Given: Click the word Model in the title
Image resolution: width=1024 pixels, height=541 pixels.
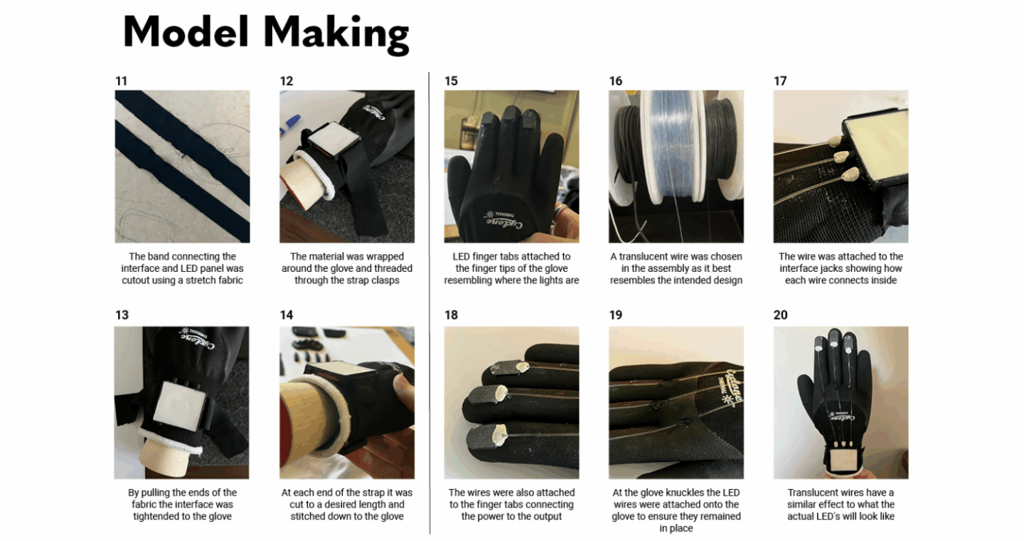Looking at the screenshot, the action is (x=186, y=31).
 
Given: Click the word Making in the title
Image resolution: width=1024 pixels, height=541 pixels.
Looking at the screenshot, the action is (x=336, y=35).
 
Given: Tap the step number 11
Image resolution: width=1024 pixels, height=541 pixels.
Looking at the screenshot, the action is (x=121, y=81).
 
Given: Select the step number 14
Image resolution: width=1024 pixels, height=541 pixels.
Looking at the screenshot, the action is (x=287, y=315).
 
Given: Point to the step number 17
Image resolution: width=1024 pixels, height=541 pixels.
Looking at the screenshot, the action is (x=780, y=81).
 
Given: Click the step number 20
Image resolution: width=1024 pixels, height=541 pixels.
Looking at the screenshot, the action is (x=781, y=315).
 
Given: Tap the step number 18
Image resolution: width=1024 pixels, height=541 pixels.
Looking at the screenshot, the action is (x=451, y=315).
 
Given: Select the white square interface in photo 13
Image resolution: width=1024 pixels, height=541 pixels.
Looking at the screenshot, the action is (x=177, y=403).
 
